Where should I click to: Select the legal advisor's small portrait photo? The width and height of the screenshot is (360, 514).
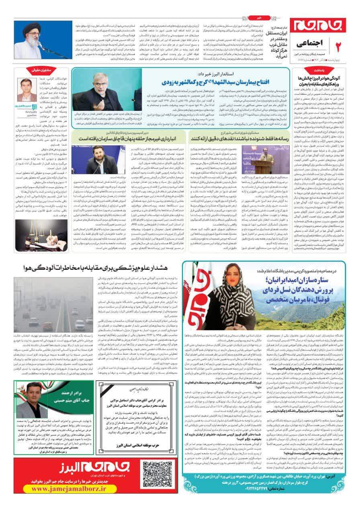coord(27,90)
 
